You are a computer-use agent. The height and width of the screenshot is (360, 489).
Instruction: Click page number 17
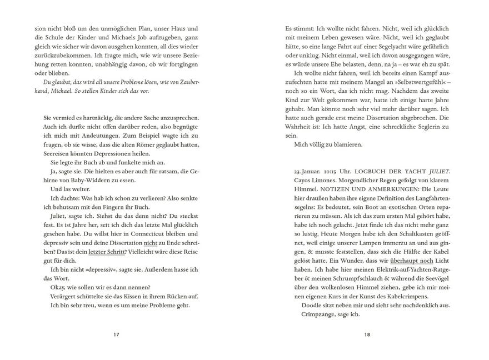pos(116,334)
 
